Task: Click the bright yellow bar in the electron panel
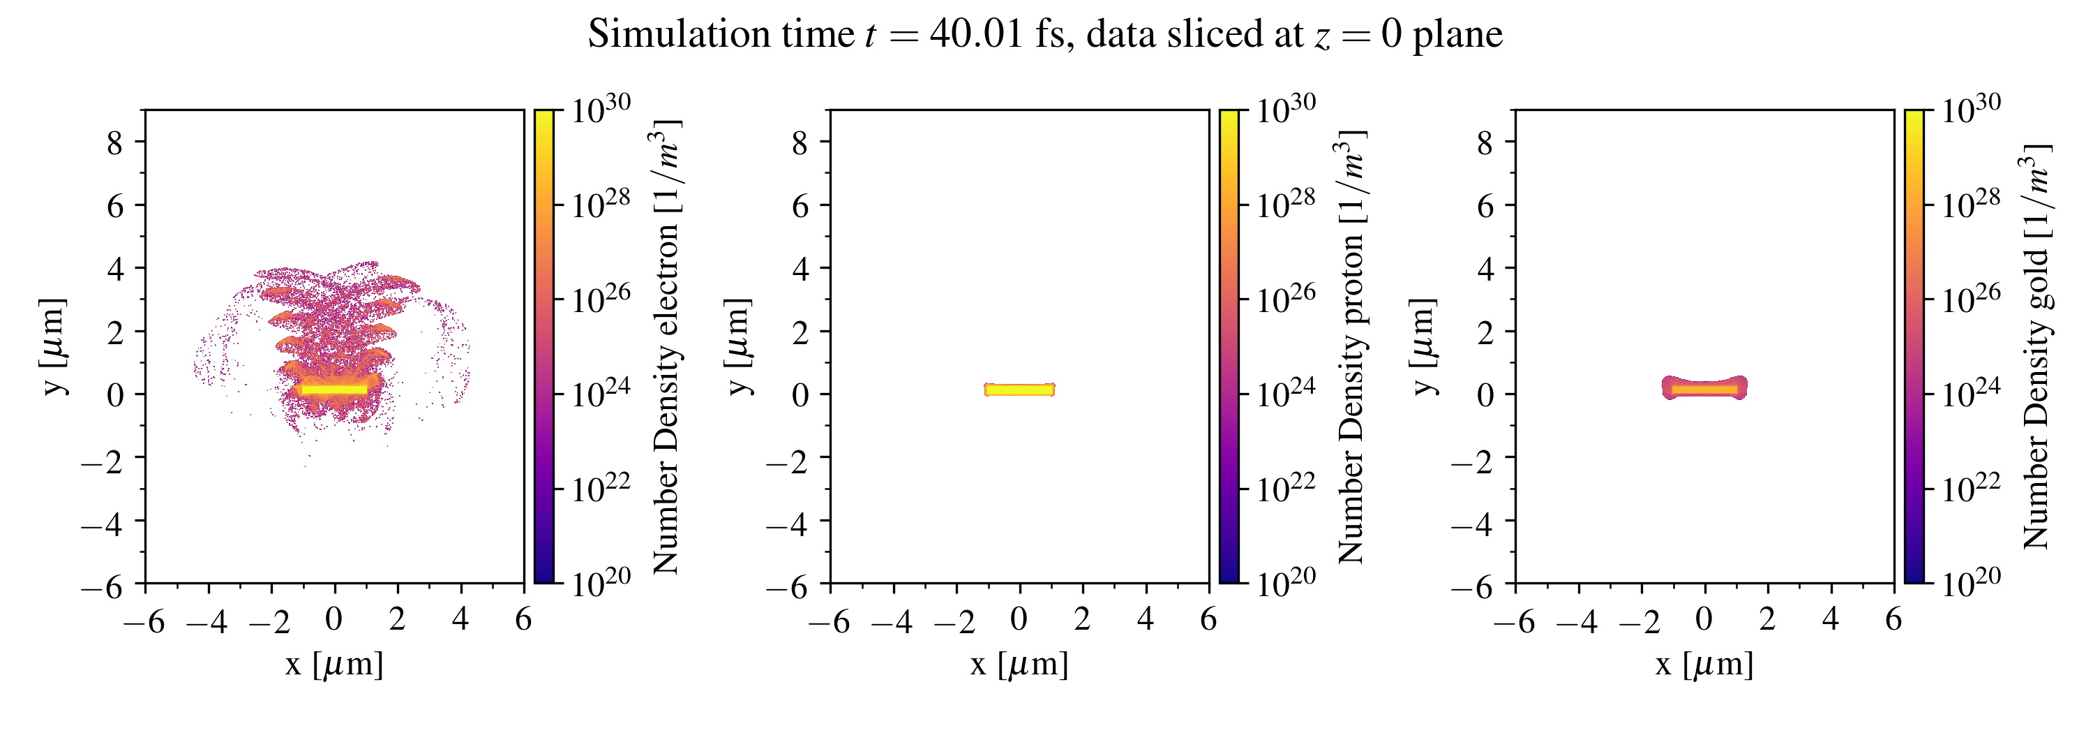(x=334, y=390)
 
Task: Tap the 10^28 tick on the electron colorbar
(x=599, y=204)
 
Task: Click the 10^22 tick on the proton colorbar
(x=1285, y=489)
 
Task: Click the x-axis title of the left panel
(x=334, y=665)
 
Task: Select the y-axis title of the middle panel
(x=737, y=347)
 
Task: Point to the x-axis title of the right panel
(x=1704, y=665)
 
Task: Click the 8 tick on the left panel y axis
(x=115, y=143)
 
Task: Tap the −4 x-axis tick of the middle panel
(x=892, y=622)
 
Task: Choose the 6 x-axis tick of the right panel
(x=1893, y=620)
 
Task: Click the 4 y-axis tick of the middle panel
(x=800, y=268)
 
